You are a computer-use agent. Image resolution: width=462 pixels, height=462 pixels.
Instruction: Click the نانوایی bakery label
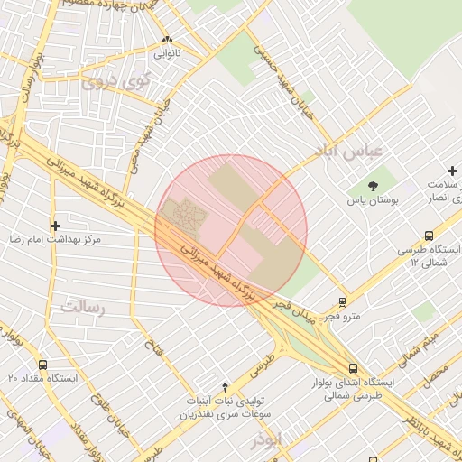pyautogui.click(x=166, y=53)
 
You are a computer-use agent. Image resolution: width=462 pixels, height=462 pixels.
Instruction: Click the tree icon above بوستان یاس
pyautogui.click(x=374, y=185)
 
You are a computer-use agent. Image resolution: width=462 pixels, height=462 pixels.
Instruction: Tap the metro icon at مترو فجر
pyautogui.click(x=342, y=302)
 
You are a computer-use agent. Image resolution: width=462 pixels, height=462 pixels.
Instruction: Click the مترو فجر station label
pyautogui.click(x=342, y=316)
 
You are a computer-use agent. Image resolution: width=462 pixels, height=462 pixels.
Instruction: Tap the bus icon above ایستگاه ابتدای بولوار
pyautogui.click(x=352, y=368)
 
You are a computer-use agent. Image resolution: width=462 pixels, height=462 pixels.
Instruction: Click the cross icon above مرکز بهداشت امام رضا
pyautogui.click(x=56, y=226)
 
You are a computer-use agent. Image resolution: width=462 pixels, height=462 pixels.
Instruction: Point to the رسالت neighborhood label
pyautogui.click(x=84, y=308)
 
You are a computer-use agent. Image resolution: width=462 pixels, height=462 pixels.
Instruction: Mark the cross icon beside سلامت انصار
pyautogui.click(x=453, y=171)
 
